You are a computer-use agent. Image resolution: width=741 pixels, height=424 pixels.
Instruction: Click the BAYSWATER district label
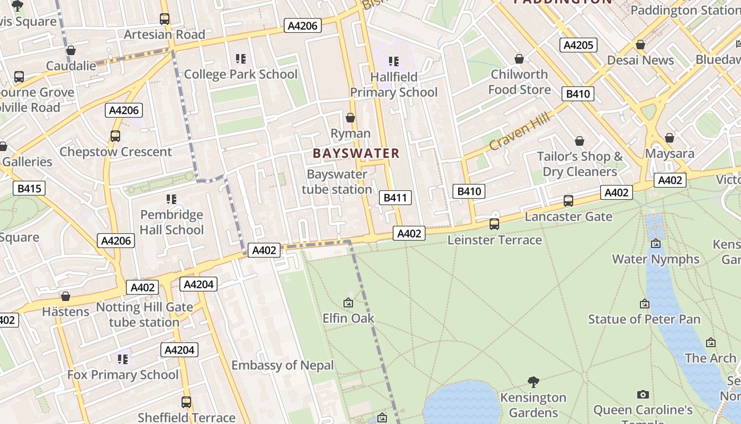[x=356, y=154]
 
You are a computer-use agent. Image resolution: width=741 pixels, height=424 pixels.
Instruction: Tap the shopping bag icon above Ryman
[x=350, y=118]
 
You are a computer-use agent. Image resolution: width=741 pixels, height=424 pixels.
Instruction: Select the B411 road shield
[x=395, y=198]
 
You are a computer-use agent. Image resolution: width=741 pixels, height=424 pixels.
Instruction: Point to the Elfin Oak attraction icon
[x=348, y=303]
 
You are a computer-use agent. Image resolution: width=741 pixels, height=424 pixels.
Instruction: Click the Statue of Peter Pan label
[x=644, y=319]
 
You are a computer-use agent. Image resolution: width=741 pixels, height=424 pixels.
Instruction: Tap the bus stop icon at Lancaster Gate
[x=568, y=201]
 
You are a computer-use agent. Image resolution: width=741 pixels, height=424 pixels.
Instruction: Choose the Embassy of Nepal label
[x=283, y=365]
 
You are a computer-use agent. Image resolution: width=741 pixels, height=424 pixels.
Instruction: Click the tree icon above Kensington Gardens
[x=534, y=382]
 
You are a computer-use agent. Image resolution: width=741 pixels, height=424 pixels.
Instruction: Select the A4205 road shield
[x=579, y=45]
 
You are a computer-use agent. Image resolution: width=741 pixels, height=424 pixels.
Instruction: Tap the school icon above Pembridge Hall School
[x=171, y=199]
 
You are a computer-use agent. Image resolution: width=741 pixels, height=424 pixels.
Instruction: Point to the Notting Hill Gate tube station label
[x=144, y=315]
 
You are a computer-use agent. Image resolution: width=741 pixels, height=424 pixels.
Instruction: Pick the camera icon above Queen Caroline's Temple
[x=643, y=394]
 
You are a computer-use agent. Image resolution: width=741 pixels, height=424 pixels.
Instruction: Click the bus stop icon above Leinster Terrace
[x=494, y=224]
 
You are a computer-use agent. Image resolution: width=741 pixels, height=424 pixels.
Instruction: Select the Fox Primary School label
[x=123, y=375]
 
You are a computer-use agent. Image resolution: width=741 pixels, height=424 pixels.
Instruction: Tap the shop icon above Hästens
[x=66, y=296]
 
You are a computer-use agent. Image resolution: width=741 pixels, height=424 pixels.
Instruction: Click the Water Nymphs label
[x=656, y=259]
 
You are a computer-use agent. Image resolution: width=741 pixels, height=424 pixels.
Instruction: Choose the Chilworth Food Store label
[x=519, y=82]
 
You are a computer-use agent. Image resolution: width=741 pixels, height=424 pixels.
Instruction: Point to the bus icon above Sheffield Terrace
[x=186, y=402]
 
